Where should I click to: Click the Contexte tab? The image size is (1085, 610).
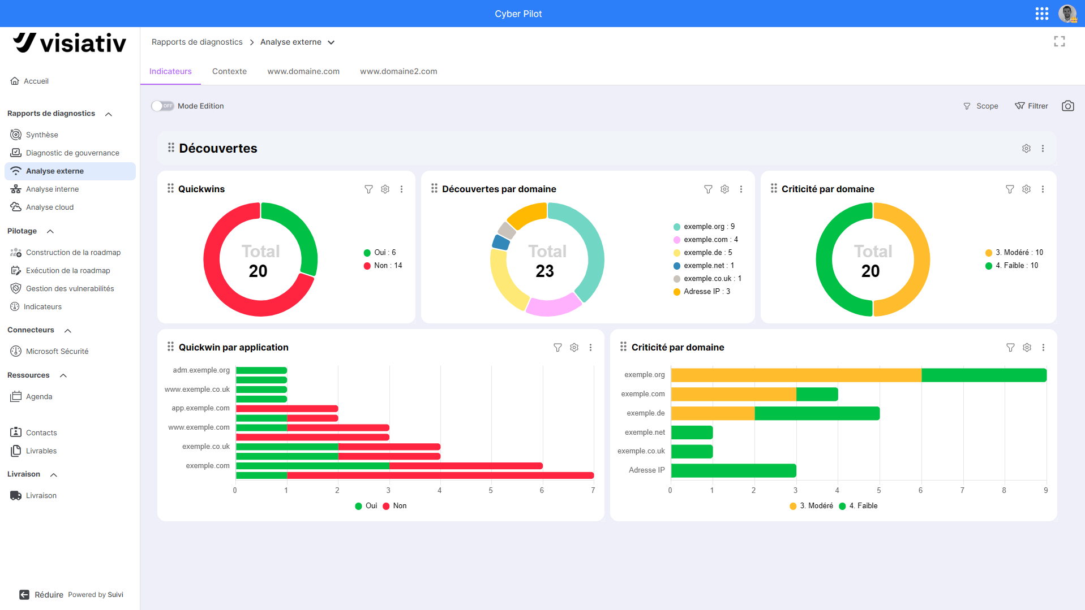click(229, 71)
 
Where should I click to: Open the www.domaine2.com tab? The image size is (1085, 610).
click(398, 71)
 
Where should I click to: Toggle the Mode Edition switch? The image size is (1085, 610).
click(162, 106)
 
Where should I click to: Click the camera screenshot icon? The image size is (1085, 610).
click(1067, 106)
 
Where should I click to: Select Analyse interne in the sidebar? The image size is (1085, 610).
click(52, 189)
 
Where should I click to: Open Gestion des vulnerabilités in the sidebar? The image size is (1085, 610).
click(70, 288)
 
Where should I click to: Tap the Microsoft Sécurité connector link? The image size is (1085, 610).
click(57, 351)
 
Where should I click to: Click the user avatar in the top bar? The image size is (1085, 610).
click(1067, 14)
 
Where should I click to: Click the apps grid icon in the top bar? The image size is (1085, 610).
click(1042, 14)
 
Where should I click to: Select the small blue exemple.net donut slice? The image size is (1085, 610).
click(501, 243)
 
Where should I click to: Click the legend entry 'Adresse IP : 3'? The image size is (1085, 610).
click(702, 292)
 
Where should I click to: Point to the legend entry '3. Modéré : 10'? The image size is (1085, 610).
click(1014, 253)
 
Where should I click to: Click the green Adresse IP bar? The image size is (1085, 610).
click(734, 470)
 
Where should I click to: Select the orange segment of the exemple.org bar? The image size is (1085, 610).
click(796, 375)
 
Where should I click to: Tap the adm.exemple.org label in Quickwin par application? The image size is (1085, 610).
click(201, 370)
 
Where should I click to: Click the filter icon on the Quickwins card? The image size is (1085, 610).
click(368, 189)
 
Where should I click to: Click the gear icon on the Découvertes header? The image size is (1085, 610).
click(1026, 148)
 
